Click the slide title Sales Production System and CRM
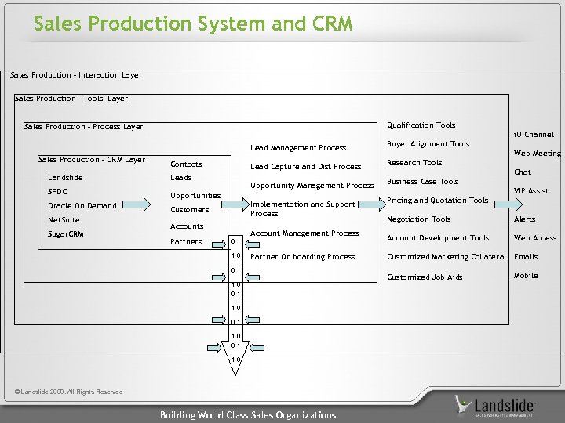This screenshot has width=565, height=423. tap(193, 23)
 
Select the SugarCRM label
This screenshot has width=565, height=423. tap(65, 234)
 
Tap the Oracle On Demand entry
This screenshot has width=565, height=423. tap(82, 206)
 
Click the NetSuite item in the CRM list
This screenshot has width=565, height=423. tap(64, 220)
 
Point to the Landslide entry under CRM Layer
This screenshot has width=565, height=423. tap(65, 178)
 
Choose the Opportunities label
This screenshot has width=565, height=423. tap(195, 195)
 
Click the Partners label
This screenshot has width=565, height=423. tap(186, 242)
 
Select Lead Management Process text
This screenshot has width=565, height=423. tap(297, 148)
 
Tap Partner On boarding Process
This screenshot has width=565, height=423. tap(302, 257)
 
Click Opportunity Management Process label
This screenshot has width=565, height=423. tap(312, 186)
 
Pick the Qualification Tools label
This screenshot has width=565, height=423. tap(421, 125)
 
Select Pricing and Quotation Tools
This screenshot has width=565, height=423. tap(438, 201)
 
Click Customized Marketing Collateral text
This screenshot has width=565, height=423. tap(446, 257)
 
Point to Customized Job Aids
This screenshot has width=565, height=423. tap(425, 277)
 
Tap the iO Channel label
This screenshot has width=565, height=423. tap(534, 135)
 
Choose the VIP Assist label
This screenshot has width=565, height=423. tap(530, 191)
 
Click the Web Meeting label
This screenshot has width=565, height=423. tap(537, 154)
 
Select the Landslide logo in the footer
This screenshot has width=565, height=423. tap(495, 405)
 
